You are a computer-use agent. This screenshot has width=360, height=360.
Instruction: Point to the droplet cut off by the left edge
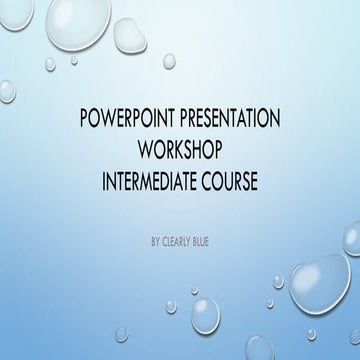click(x=4, y=91)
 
